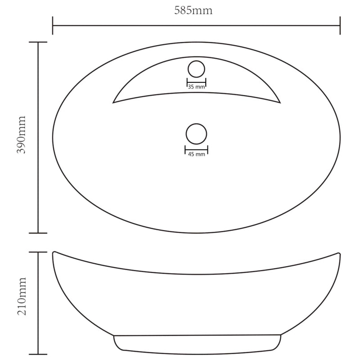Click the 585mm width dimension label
coord(193,10)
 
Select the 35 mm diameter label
coord(196,87)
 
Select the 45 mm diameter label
coord(196,154)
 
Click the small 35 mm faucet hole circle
coord(196,69)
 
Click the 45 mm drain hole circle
coord(196,134)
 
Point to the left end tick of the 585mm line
coord(53,26)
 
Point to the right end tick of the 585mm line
coord(340,26)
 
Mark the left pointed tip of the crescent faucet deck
coord(113,102)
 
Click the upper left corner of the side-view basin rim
coord(54,252)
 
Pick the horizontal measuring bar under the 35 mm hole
coord(196,82)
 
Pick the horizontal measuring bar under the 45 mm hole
coord(196,149)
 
